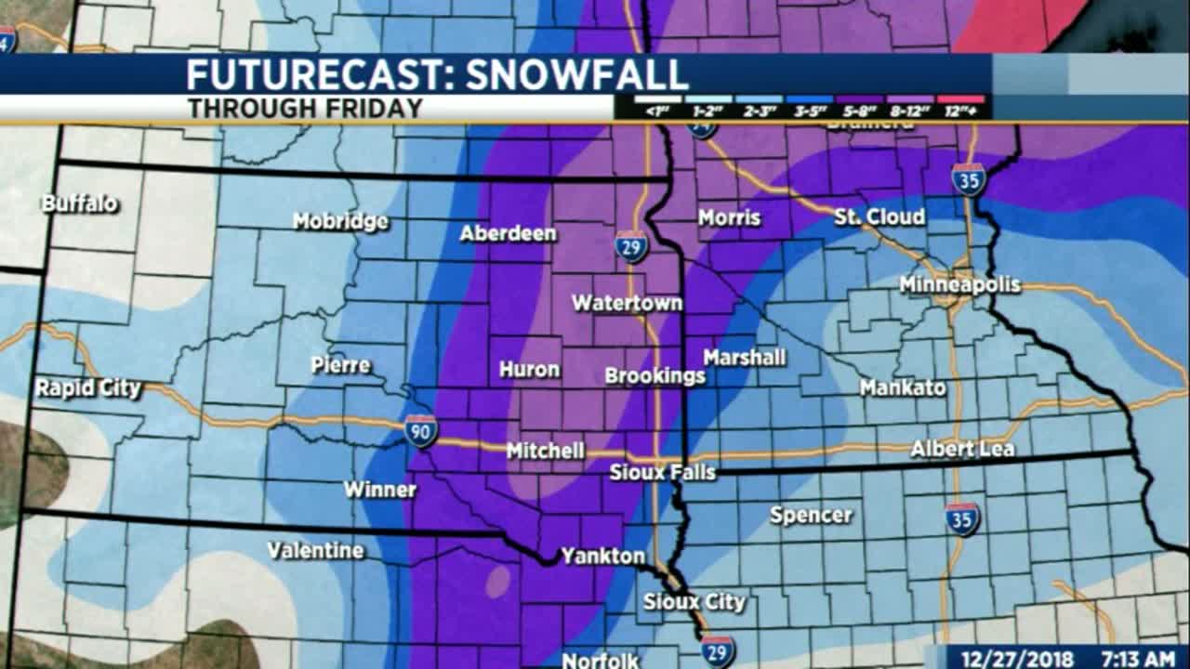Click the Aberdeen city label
508,233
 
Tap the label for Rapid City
88,387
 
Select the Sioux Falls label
663,472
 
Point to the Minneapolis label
959,285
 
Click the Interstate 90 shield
420,431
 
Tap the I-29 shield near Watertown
631,246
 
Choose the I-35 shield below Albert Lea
962,518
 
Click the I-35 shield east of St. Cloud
969,178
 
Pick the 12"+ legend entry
962,106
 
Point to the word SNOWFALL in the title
576,75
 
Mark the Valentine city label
315,550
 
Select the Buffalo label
80,203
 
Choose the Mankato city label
902,387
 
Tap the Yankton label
602,556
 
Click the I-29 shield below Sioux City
718,651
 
